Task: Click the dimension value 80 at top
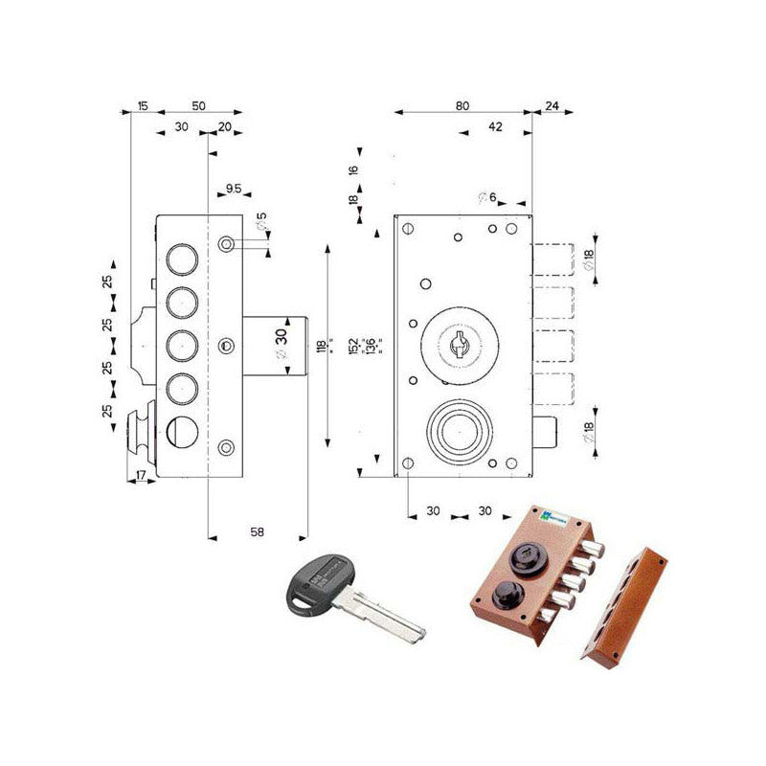coord(462,105)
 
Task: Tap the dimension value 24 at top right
coord(552,105)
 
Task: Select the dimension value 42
coord(495,126)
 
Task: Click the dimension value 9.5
coord(233,188)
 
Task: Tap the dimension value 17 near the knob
coord(142,475)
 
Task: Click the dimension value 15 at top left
coord(143,105)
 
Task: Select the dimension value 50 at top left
coord(198,105)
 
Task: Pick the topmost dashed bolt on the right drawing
coord(553,260)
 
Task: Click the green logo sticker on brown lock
coord(554,518)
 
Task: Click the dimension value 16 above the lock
coord(352,170)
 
